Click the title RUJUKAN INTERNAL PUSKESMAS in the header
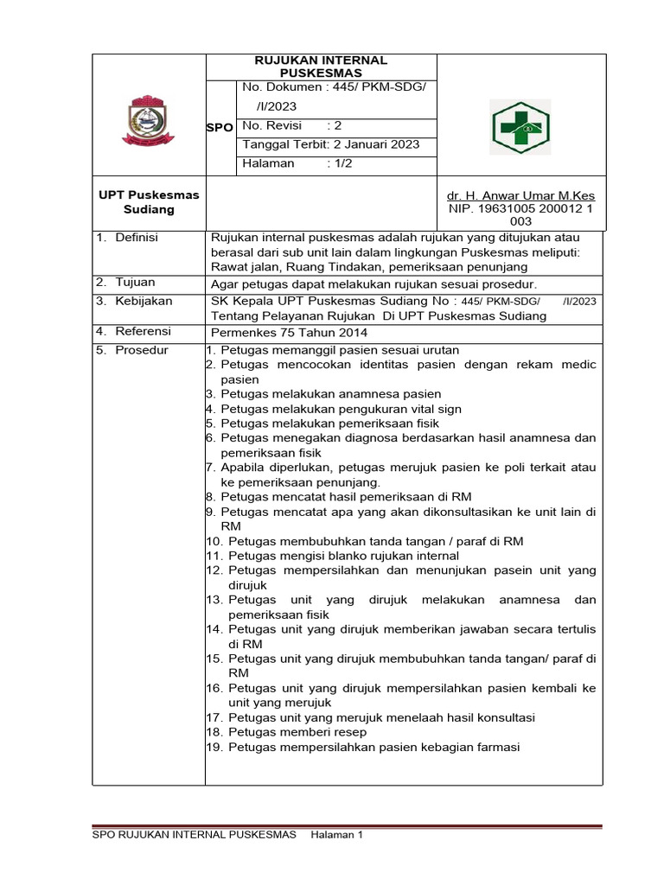[320, 67]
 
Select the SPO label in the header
[220, 127]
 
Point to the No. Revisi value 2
[339, 124]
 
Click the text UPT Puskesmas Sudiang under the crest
[149, 202]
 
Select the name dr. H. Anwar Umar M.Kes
[520, 195]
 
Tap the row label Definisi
[143, 237]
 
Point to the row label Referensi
[143, 331]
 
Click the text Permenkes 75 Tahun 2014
[290, 332]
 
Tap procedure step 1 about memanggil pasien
[332, 350]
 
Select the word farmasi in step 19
[495, 747]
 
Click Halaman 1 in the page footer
[336, 834]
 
